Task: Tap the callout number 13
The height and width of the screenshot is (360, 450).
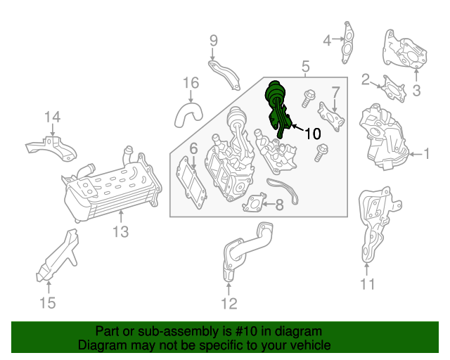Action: pyautogui.click(x=120, y=231)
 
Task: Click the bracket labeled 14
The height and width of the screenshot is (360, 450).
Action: pyautogui.click(x=51, y=148)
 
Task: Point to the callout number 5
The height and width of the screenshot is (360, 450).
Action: pyautogui.click(x=306, y=66)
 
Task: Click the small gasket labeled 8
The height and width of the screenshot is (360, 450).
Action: pyautogui.click(x=255, y=202)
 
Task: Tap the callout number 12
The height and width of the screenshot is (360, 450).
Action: pyautogui.click(x=229, y=304)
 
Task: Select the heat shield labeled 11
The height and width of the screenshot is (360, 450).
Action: pyautogui.click(x=377, y=224)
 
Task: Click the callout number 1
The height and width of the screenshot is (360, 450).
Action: pyautogui.click(x=427, y=153)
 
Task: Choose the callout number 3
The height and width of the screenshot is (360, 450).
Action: pyautogui.click(x=416, y=91)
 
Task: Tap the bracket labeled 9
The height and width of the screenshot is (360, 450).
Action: pyautogui.click(x=225, y=75)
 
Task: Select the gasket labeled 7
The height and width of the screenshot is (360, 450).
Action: pyautogui.click(x=331, y=117)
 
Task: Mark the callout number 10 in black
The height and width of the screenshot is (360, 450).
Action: pyautogui.click(x=312, y=134)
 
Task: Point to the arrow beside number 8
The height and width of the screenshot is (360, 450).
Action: pyautogui.click(x=269, y=204)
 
